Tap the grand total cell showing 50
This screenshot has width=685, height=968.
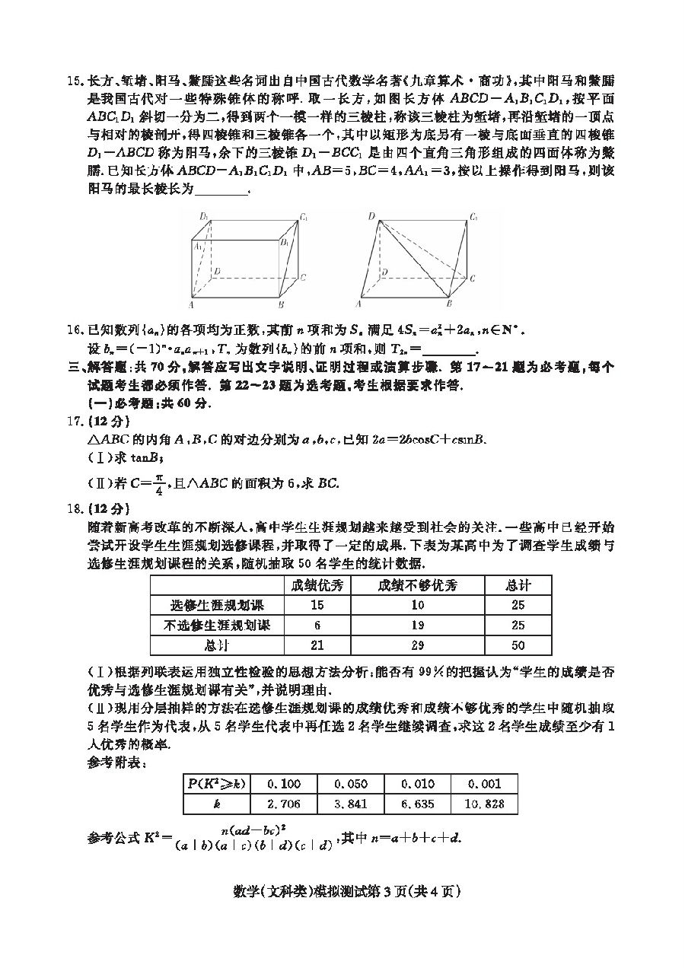click(518, 645)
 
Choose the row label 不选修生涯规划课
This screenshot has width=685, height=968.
click(217, 625)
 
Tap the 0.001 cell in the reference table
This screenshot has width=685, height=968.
click(484, 784)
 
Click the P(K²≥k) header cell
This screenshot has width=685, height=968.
click(217, 784)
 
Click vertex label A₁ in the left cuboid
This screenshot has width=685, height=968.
click(198, 246)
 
